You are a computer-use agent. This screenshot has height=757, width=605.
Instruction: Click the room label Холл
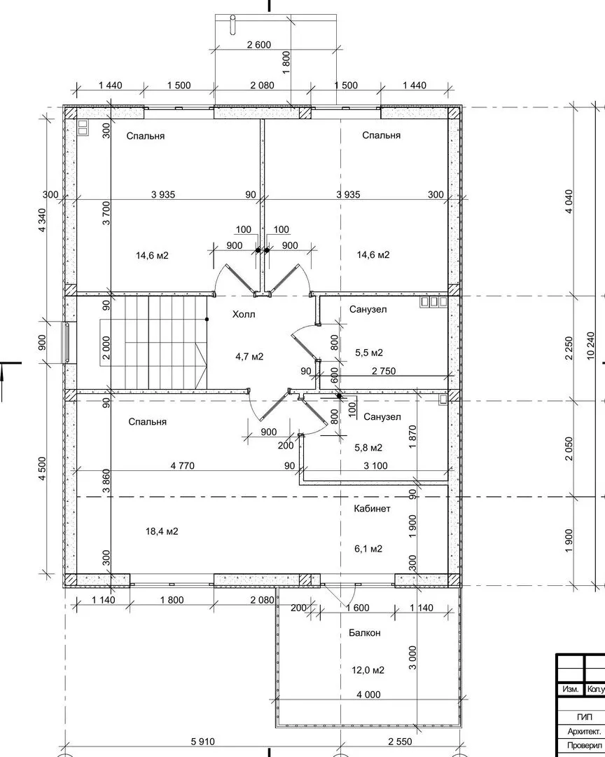(x=244, y=314)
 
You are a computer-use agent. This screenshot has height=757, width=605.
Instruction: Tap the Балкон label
(x=365, y=632)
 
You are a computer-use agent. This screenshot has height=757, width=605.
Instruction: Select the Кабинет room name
(x=372, y=508)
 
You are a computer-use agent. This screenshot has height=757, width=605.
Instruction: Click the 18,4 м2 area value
(x=162, y=531)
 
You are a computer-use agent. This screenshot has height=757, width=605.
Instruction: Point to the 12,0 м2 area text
(x=368, y=670)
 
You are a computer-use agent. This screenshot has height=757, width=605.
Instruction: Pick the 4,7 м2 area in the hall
(x=249, y=357)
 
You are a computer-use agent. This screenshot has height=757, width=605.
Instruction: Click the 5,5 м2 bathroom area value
(x=369, y=353)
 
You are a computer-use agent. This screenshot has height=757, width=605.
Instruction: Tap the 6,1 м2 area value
(x=368, y=548)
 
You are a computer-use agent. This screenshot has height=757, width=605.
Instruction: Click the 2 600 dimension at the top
(x=259, y=45)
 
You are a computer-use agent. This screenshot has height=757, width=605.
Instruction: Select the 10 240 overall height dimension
(x=592, y=346)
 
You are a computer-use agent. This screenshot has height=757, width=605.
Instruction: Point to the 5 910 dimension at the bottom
(x=202, y=742)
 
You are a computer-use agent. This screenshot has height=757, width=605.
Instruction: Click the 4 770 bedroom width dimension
(x=182, y=466)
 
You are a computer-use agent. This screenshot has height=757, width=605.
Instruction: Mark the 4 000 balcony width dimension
(x=368, y=695)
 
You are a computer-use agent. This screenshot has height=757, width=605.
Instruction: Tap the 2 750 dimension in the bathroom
(x=384, y=371)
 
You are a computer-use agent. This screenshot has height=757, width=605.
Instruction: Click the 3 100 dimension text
(x=375, y=466)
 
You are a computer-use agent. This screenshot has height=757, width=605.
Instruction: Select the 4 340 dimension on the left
(x=42, y=220)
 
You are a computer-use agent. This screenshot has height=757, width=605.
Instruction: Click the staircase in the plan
(x=154, y=342)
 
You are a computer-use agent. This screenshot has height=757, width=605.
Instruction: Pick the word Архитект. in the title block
(x=584, y=731)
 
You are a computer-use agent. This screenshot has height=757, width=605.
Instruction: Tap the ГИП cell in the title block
(x=584, y=718)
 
